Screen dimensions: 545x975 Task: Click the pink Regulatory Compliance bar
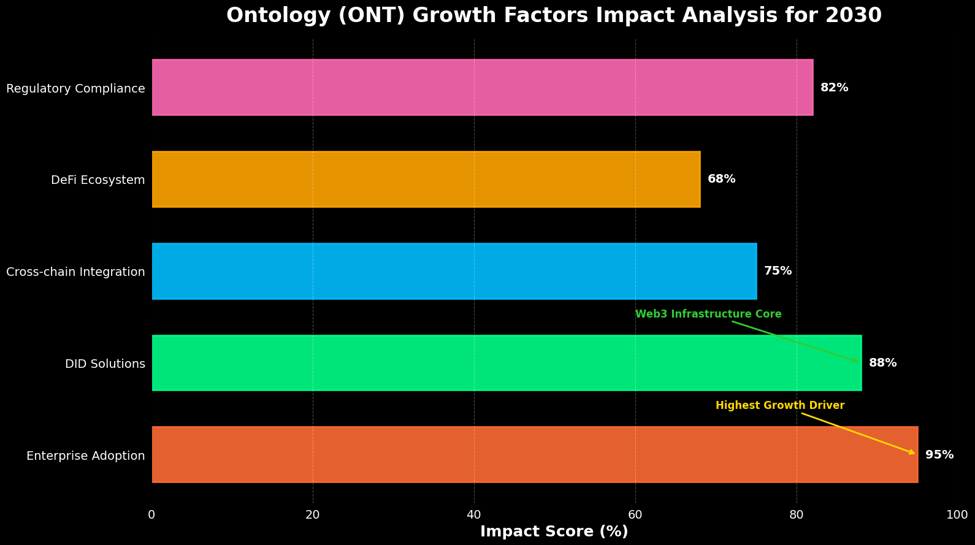[x=482, y=88]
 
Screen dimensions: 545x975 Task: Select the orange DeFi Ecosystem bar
[x=426, y=180]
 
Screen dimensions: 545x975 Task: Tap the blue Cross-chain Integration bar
[x=454, y=271]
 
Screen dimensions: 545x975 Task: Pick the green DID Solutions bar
[x=507, y=363]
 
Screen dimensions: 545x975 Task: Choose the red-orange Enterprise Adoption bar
[x=535, y=455]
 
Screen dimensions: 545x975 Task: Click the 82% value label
[x=834, y=88]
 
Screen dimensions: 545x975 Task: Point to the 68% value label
[x=721, y=179]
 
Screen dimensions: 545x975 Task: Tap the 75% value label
[x=778, y=271]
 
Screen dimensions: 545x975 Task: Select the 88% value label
[x=882, y=363]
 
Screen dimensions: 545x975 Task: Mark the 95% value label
[x=939, y=455]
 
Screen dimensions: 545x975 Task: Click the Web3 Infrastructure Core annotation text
[x=708, y=314]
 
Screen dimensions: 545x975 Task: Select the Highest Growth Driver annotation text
[x=779, y=406]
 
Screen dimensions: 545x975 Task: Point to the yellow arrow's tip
[x=916, y=454]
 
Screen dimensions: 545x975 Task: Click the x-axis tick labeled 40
[x=474, y=515]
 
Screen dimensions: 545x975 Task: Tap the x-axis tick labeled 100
[x=957, y=515]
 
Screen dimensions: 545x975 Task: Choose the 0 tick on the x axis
[x=151, y=515]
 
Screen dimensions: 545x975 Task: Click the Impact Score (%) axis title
[x=554, y=532]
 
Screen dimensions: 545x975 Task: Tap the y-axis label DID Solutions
[x=105, y=364]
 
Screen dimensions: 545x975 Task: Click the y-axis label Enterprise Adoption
[x=85, y=456]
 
